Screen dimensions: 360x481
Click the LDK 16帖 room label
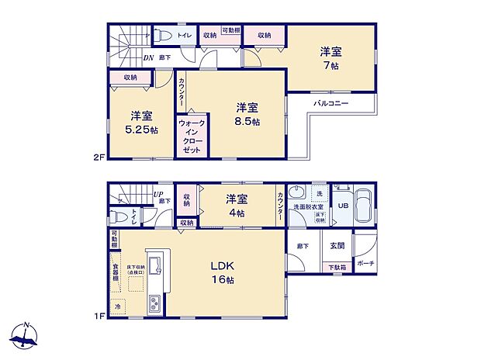coord(220,272)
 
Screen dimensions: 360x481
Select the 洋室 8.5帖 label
coord(247,113)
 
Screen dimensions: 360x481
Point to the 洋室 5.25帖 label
coord(141,122)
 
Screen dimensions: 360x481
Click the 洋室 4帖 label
coord(236,205)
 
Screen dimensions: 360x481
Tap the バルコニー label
coord(331,103)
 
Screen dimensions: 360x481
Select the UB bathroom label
coord(342,206)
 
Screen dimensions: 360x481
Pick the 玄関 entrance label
coord(337,246)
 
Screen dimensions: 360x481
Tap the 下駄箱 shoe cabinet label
coord(337,268)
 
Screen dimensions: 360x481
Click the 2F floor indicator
coord(99,156)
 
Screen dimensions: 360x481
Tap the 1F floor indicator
coord(99,315)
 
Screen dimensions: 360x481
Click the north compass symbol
coord(26,335)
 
